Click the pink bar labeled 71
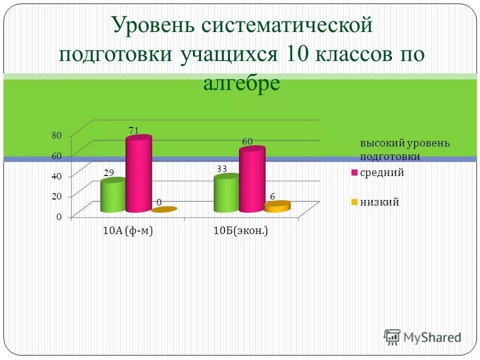(138, 175)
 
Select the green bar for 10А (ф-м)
(113, 196)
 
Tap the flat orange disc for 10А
(164, 210)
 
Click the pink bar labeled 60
(252, 180)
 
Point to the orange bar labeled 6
(277, 206)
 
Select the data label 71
(133, 130)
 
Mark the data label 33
(222, 169)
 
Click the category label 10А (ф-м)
(127, 231)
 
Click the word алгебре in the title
(241, 83)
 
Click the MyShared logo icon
(392, 337)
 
